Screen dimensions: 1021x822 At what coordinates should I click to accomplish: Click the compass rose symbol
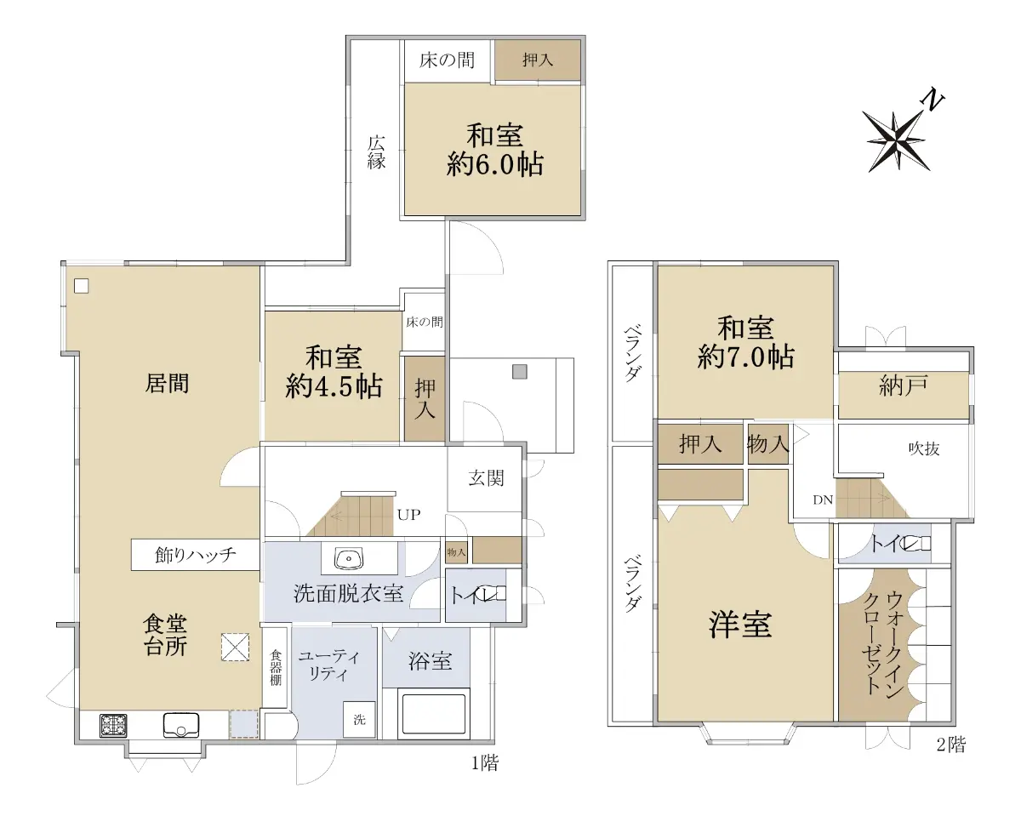tap(895, 141)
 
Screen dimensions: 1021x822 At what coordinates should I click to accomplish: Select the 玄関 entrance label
tap(486, 478)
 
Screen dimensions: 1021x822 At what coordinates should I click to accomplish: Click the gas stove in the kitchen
tap(113, 726)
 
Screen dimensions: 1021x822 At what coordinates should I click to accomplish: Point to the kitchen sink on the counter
tap(180, 725)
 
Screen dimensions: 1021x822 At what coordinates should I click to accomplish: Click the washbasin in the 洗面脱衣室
tap(349, 558)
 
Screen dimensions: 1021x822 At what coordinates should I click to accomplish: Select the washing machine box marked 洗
tap(359, 720)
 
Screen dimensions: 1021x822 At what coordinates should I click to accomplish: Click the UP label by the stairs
tap(408, 515)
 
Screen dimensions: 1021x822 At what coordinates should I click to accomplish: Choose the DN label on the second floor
tap(823, 499)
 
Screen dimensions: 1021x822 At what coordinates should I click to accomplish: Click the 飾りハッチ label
tap(196, 554)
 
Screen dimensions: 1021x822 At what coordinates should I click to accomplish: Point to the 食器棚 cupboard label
tap(276, 668)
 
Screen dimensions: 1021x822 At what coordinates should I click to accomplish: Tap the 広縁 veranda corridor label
tap(376, 152)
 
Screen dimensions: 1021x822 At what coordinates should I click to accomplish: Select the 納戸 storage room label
tap(903, 385)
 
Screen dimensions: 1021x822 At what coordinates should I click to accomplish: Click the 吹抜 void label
tap(924, 448)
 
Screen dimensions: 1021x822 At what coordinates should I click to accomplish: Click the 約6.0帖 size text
tap(494, 165)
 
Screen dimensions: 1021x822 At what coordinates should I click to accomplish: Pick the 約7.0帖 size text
tap(745, 357)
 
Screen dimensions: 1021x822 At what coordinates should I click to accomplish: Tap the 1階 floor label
tap(485, 763)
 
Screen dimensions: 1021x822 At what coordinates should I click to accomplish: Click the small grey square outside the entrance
tap(520, 372)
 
